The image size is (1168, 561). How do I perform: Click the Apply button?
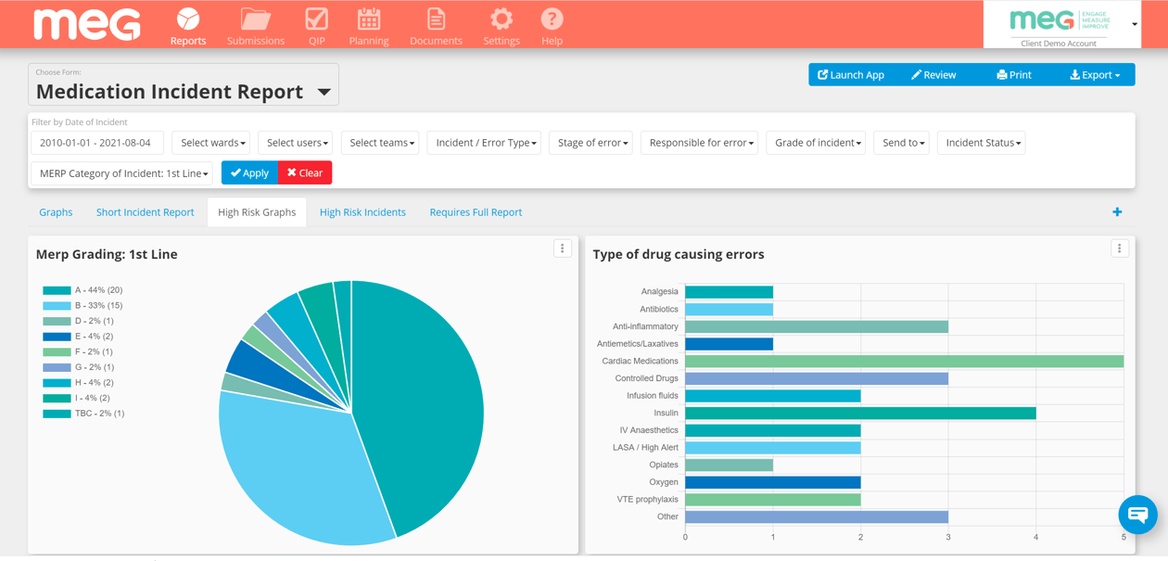tap(248, 172)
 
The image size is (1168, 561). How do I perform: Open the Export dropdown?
tap(1095, 75)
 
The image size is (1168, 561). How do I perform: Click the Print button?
tap(1013, 75)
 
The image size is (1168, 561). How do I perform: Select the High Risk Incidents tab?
tap(362, 212)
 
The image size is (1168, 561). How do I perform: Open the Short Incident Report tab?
tap(145, 212)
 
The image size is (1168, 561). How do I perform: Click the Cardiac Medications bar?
tap(904, 361)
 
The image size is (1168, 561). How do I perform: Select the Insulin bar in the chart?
tap(860, 413)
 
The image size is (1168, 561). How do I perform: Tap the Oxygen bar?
tap(772, 482)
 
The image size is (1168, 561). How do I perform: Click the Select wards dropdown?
tap(212, 143)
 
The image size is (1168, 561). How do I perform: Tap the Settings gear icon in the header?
tap(501, 19)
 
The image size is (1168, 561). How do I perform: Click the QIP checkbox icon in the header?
tap(316, 19)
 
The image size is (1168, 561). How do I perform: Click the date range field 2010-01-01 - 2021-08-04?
tap(96, 143)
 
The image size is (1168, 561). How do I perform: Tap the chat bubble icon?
tap(1137, 514)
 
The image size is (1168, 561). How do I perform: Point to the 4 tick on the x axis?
tap(1035, 537)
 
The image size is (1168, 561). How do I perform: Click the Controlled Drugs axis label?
tap(646, 378)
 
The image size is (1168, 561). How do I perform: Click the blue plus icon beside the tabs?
tap(1117, 212)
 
